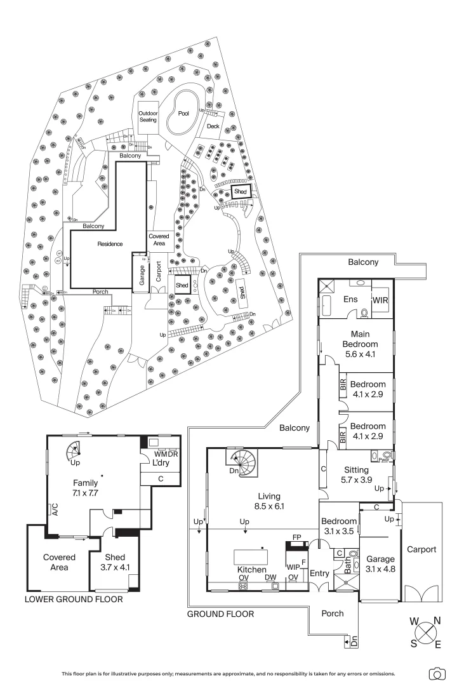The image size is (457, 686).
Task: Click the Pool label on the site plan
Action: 183,113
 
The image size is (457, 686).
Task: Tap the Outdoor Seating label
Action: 148,117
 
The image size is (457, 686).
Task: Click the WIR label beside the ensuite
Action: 381,299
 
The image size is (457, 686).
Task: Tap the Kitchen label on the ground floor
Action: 252,570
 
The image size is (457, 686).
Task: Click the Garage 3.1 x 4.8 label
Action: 380,564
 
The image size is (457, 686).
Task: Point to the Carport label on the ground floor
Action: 421,549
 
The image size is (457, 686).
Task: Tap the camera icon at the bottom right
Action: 437,673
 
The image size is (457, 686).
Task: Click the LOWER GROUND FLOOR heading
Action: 74,599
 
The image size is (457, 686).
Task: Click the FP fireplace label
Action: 296,537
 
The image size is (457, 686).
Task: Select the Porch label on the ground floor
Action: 333,614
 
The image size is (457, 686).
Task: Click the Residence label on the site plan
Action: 110,244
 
